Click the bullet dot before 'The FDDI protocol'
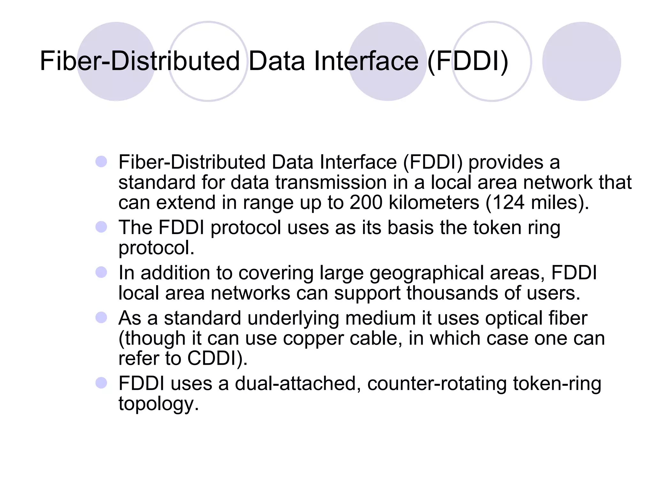(x=101, y=227)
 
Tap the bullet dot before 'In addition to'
(x=101, y=272)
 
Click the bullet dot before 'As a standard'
(x=101, y=318)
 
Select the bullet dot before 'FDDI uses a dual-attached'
(x=101, y=383)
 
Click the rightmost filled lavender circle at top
(x=581, y=61)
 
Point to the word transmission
(x=331, y=183)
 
